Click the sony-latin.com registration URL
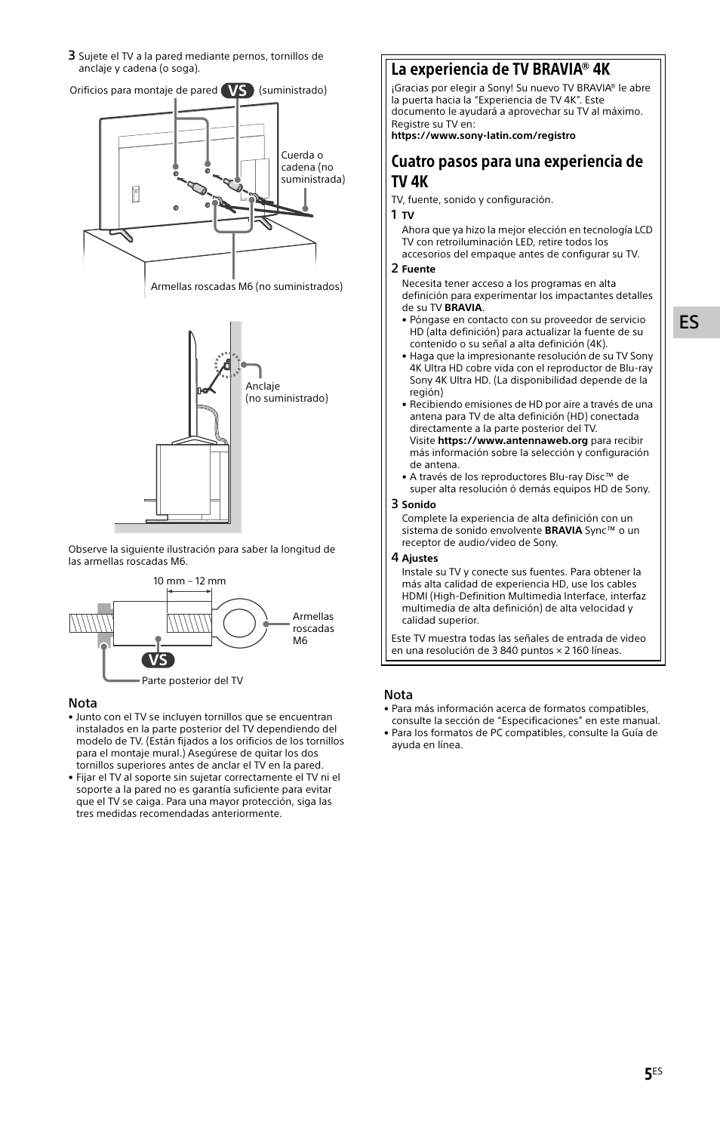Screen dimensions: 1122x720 point(483,136)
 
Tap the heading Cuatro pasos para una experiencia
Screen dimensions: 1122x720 point(517,171)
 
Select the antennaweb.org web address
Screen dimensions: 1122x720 point(512,440)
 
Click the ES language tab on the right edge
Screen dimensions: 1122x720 point(688,322)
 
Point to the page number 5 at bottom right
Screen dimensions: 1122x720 point(649,1074)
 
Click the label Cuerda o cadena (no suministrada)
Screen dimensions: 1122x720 point(312,168)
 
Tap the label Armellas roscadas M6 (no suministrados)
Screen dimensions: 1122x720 point(246,287)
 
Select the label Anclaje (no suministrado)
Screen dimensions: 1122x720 point(286,392)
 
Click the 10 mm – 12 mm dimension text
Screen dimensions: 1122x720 point(189,581)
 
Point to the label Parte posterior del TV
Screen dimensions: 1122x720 point(192,680)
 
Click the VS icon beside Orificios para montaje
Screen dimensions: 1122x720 point(238,90)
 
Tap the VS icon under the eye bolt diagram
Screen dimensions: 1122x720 point(158,660)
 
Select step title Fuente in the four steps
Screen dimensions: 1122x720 point(418,269)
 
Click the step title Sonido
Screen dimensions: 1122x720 point(418,504)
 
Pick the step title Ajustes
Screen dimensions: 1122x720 point(420,558)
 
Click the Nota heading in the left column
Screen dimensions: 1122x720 point(83,703)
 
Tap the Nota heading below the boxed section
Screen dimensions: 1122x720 point(398,695)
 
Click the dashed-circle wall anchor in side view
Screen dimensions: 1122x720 point(226,364)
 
